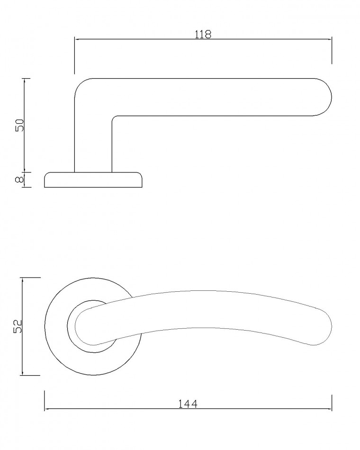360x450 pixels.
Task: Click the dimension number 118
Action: (203, 34)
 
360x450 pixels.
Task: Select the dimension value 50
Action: (20, 125)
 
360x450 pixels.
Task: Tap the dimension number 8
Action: (19, 180)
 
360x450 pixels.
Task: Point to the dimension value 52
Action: (18, 326)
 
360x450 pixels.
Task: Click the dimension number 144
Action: (188, 404)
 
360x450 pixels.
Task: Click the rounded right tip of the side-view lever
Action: (330, 97)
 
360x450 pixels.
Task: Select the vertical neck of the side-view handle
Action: (93, 144)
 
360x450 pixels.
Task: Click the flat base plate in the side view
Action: (93, 180)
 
